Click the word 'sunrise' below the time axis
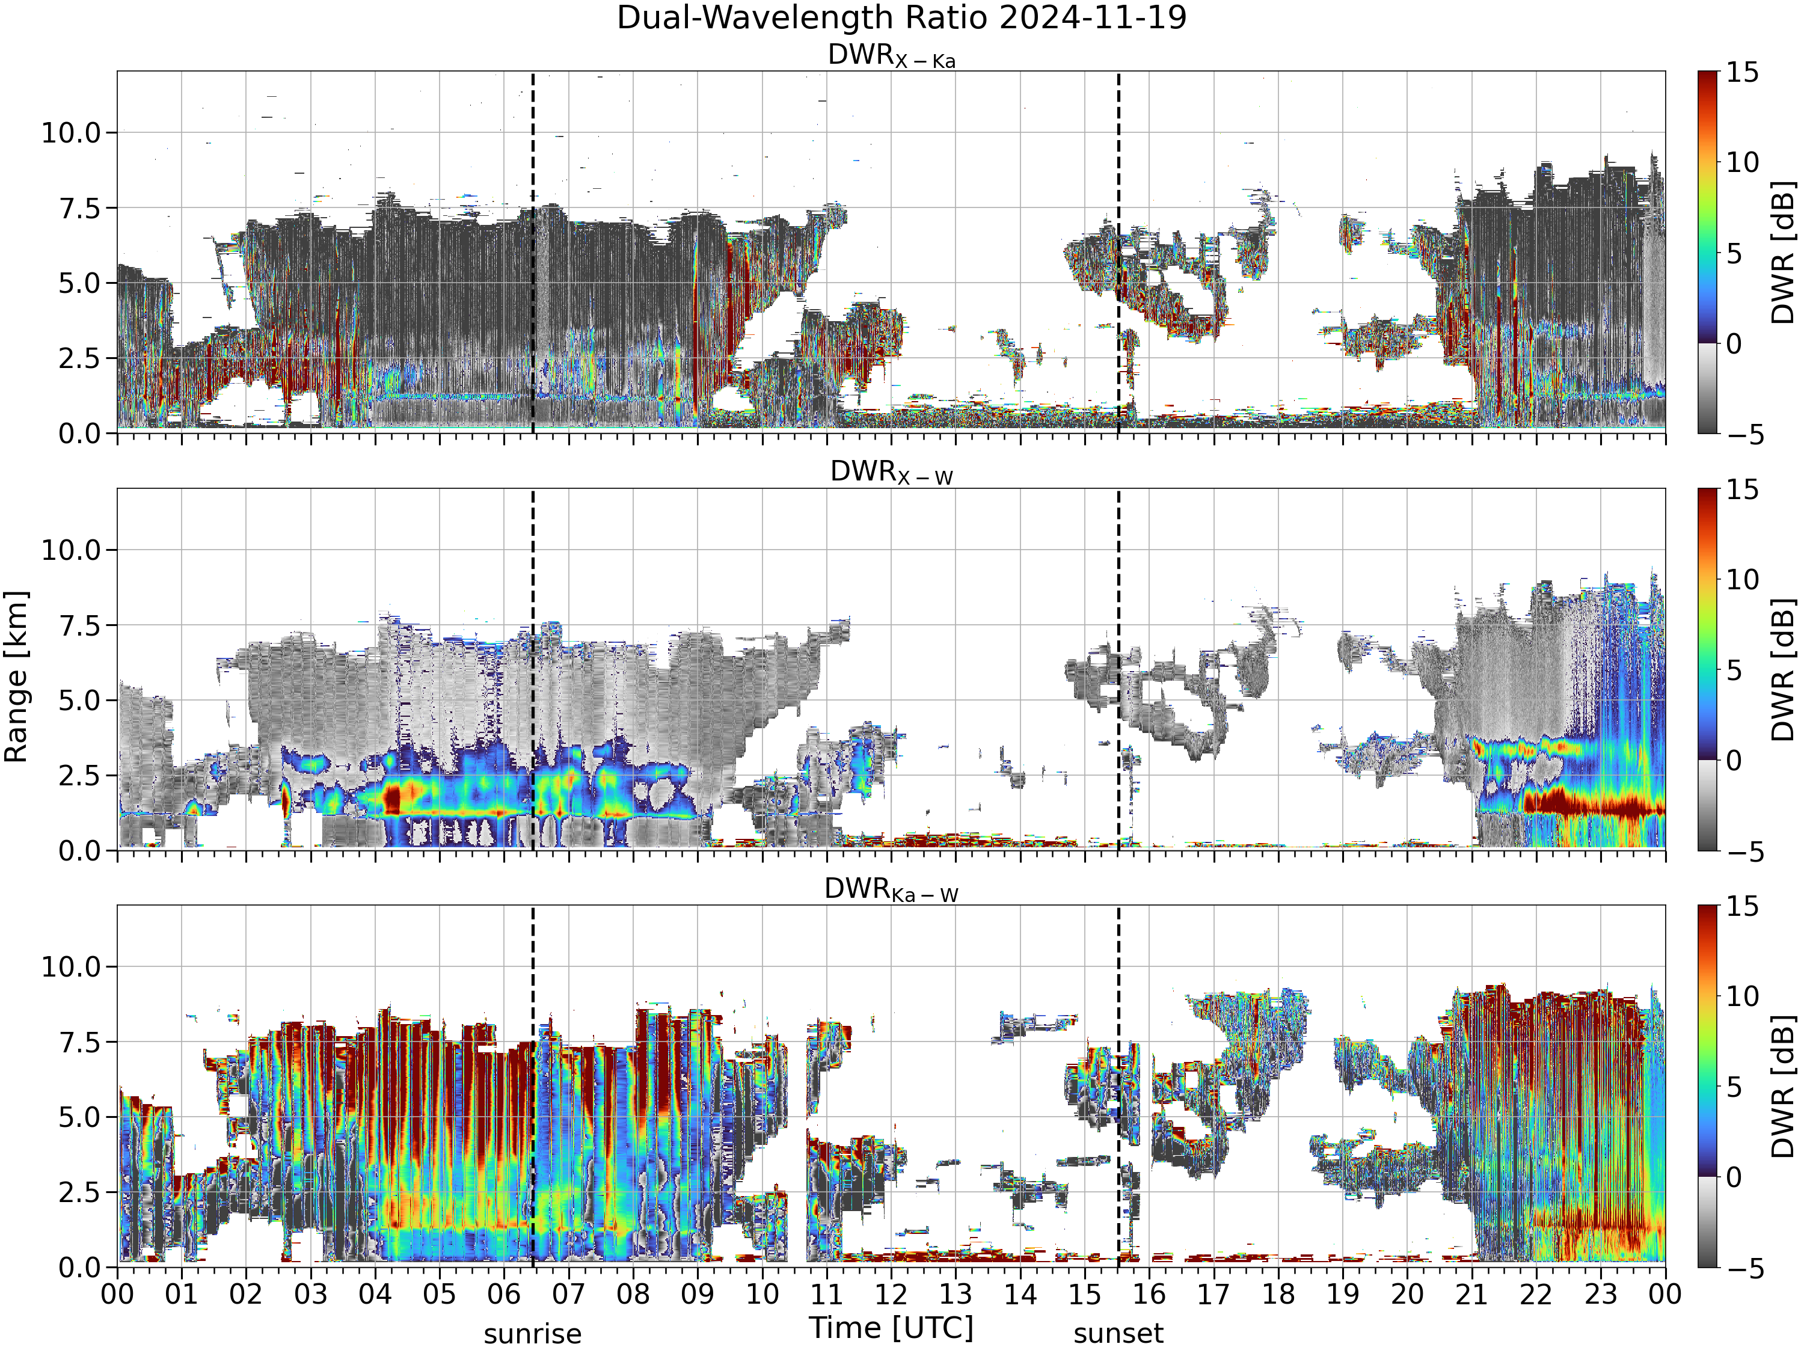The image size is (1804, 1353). tap(533, 1334)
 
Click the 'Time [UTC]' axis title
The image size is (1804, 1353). tap(891, 1328)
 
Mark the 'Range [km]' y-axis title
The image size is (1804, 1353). tap(16, 677)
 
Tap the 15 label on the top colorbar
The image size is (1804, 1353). tap(1742, 73)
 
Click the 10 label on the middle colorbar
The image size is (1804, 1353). tap(1742, 580)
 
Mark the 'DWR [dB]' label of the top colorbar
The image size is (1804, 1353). tap(1784, 253)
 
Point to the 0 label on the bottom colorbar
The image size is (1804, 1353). tap(1734, 1177)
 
